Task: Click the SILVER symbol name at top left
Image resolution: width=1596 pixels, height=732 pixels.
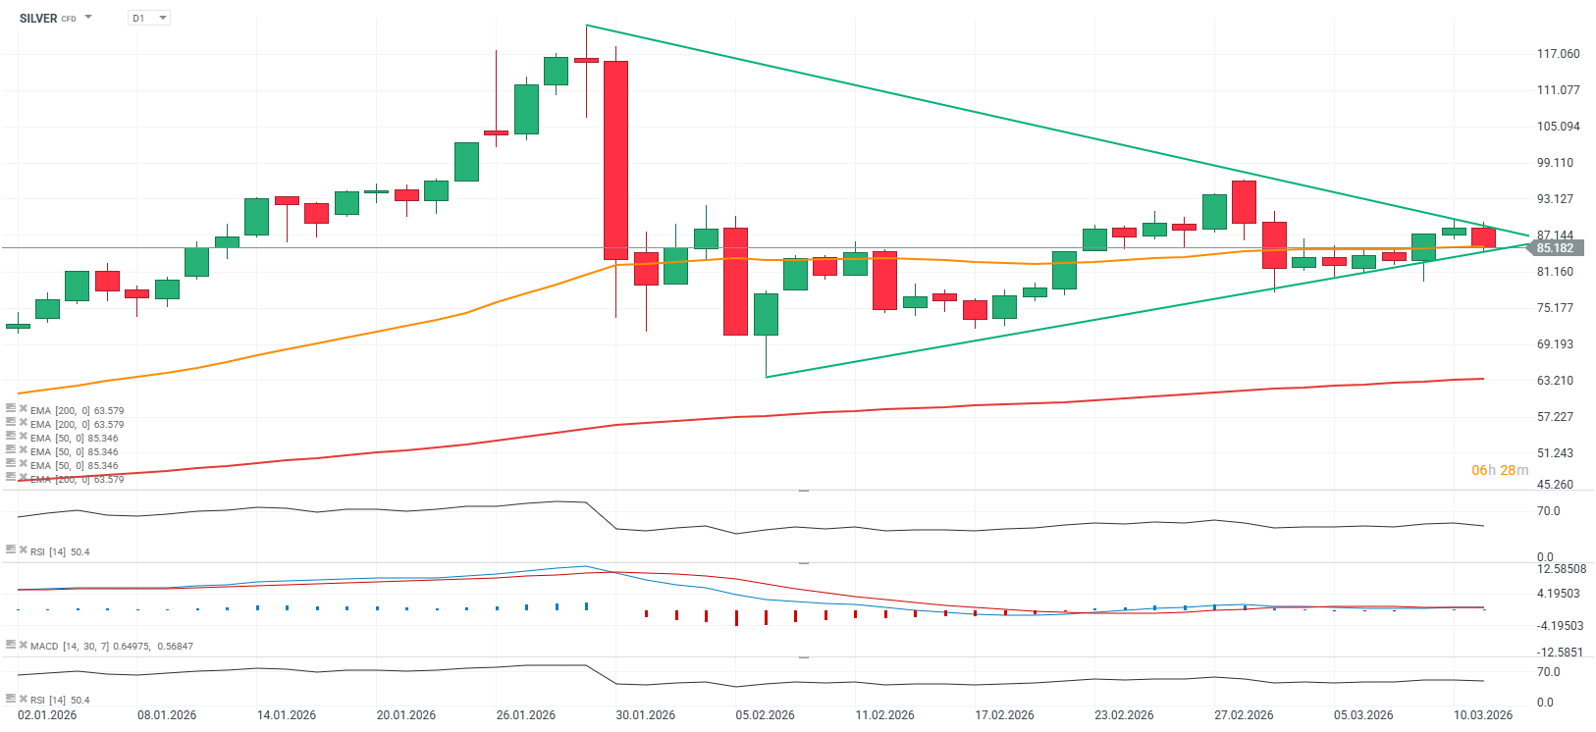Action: coord(38,19)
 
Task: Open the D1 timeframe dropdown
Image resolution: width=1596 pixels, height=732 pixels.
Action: coord(149,19)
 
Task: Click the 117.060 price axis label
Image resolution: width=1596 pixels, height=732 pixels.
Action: coord(1558,54)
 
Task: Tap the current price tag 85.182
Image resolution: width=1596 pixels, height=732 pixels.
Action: coord(1555,248)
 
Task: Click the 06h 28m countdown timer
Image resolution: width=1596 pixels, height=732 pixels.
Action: coord(1499,470)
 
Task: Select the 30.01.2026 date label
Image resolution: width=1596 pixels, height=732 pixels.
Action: coord(645,715)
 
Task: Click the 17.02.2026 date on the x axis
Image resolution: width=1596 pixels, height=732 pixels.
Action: coord(1004,715)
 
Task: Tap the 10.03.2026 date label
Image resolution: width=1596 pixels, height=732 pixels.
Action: coord(1483,715)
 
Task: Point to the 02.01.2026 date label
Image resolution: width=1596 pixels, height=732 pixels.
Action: coord(47,715)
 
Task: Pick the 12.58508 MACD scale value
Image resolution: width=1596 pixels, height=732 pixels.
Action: coord(1562,569)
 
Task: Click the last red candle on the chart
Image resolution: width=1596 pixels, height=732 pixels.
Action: coord(1483,237)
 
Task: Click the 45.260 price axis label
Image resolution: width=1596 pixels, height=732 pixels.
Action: coord(1555,485)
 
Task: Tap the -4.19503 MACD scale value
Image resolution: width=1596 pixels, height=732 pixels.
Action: coord(1560,626)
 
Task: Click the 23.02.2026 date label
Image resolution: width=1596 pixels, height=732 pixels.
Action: coord(1124,715)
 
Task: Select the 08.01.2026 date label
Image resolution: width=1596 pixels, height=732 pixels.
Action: coord(167,715)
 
